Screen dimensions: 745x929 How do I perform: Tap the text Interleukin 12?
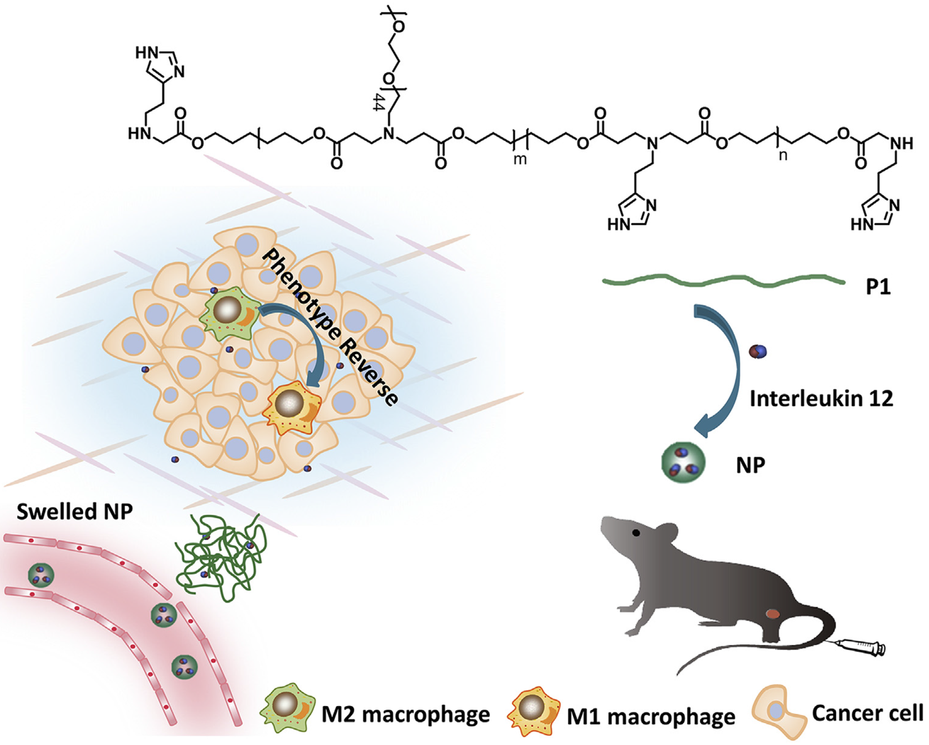pyautogui.click(x=821, y=398)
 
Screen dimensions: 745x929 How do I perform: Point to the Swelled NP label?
pyautogui.click(x=74, y=511)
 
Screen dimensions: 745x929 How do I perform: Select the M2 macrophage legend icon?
pyautogui.click(x=287, y=712)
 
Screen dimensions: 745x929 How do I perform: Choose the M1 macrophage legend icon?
pyautogui.click(x=533, y=712)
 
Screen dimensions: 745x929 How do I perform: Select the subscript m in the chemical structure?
pyautogui.click(x=521, y=159)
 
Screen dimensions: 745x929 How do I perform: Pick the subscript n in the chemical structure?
pyautogui.click(x=783, y=155)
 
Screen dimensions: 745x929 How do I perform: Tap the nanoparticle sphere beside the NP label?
pyautogui.click(x=682, y=462)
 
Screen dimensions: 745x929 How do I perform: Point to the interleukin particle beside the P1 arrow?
pyautogui.click(x=758, y=350)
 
